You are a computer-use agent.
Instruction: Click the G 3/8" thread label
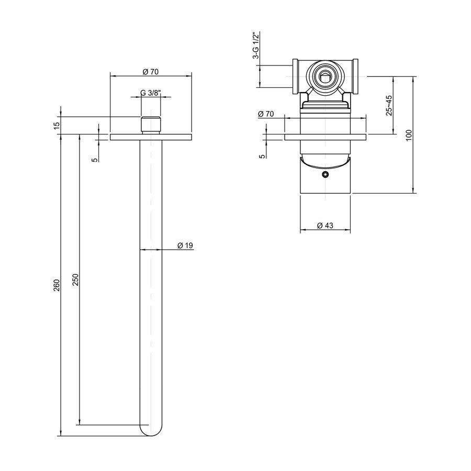151,93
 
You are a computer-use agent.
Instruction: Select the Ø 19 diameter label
186,245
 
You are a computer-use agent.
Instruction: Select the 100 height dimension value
409,134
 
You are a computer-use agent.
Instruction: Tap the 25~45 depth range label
389,104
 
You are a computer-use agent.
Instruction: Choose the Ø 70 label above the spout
151,71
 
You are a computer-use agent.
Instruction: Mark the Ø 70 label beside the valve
266,114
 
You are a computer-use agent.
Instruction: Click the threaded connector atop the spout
151,125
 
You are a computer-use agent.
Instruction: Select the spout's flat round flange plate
151,137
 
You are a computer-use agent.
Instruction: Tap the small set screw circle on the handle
326,175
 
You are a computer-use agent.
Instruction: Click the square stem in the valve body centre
326,76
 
